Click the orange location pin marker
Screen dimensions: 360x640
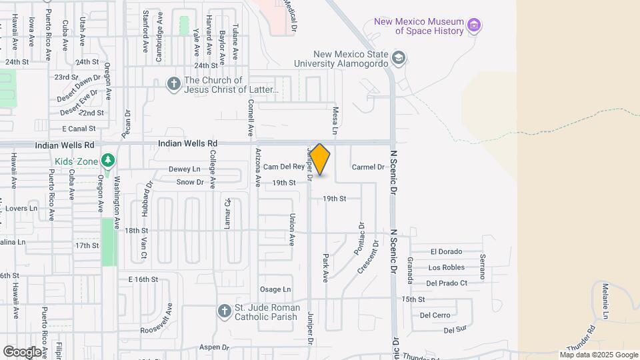coord(320,160)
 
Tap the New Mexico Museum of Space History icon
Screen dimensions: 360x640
coord(475,26)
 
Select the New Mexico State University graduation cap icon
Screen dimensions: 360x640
coord(399,57)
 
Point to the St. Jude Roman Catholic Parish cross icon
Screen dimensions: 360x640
coord(225,311)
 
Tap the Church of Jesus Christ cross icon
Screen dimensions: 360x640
coord(173,83)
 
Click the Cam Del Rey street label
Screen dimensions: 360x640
coord(283,167)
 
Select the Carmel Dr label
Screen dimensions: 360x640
coord(368,167)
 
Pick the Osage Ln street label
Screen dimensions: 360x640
coord(275,289)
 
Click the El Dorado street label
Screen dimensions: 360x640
coord(446,251)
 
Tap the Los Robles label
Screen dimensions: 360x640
coord(446,267)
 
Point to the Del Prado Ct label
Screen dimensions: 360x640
coord(446,283)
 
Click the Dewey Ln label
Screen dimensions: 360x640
coord(184,169)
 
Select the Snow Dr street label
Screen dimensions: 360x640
coord(190,182)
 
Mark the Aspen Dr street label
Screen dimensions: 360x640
coord(214,347)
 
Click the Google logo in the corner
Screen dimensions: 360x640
coord(21,351)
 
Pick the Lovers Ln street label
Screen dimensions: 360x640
coord(21,209)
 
